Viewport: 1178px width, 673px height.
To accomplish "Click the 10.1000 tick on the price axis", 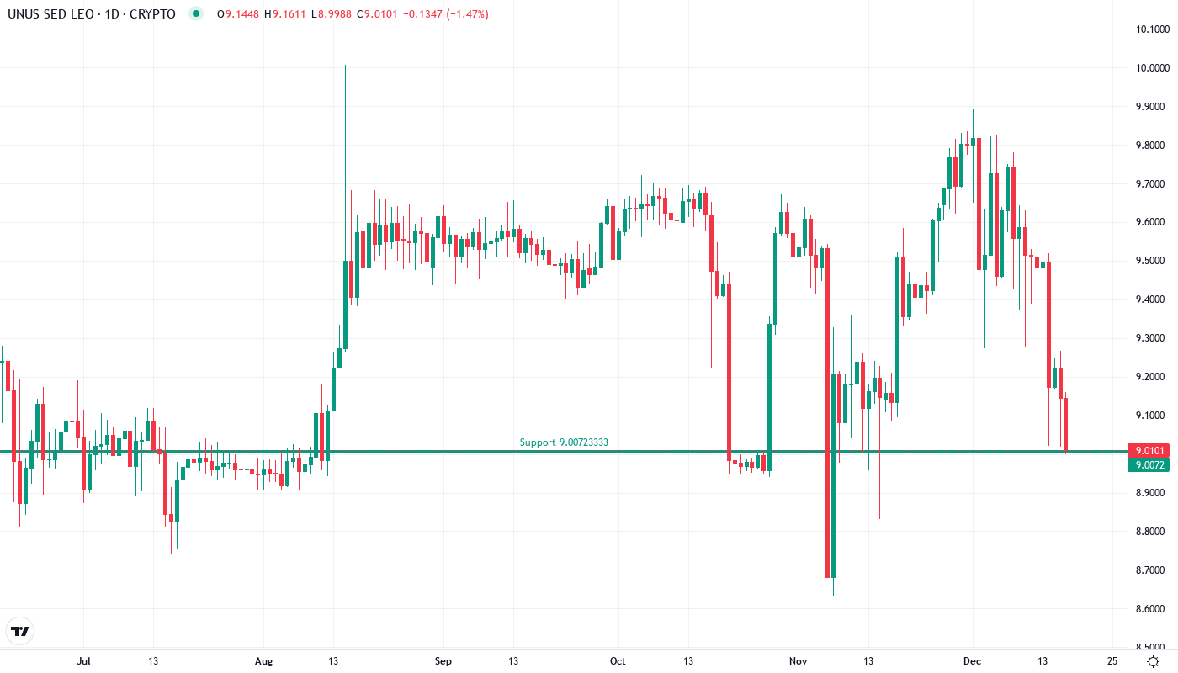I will [x=1152, y=29].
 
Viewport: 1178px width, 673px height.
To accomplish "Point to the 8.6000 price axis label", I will [x=1152, y=609].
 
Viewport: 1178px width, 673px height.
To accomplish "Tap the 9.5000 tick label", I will [x=1152, y=261].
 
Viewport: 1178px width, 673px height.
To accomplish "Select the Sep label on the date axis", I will [x=443, y=661].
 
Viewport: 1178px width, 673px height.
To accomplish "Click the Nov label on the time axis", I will [x=798, y=661].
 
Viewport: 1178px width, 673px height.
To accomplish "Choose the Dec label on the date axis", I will [x=973, y=661].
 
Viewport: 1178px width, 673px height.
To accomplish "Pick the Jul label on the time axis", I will [x=83, y=661].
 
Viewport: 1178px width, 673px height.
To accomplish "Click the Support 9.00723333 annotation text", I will [x=564, y=442].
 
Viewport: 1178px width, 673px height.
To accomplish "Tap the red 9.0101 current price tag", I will [x=1148, y=450].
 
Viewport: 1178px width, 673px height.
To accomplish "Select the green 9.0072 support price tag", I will [x=1148, y=465].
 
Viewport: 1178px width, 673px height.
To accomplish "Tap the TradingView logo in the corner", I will [x=20, y=631].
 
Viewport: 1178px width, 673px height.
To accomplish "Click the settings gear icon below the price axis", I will [x=1153, y=661].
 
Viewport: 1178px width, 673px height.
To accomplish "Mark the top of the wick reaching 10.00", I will [x=345, y=66].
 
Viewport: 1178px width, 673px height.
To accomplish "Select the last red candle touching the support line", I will [x=1066, y=425].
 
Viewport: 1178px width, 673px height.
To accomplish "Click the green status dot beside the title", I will [x=196, y=14].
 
